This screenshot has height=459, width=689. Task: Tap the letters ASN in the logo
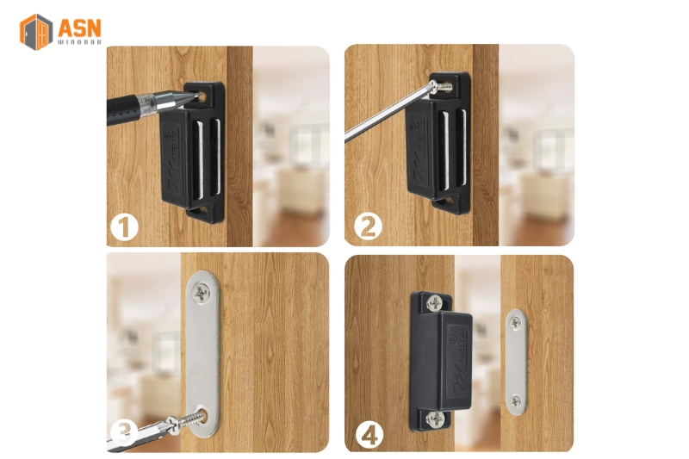[79, 27]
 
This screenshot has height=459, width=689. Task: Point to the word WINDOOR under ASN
[79, 42]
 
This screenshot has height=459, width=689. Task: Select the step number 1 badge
[126, 228]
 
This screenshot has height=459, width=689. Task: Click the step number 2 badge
[368, 228]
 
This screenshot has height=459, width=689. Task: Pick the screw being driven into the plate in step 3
[191, 419]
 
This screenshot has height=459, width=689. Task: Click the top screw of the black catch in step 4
[435, 304]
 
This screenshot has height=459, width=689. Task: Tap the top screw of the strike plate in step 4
[514, 323]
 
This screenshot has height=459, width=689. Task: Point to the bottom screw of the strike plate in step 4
[514, 400]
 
